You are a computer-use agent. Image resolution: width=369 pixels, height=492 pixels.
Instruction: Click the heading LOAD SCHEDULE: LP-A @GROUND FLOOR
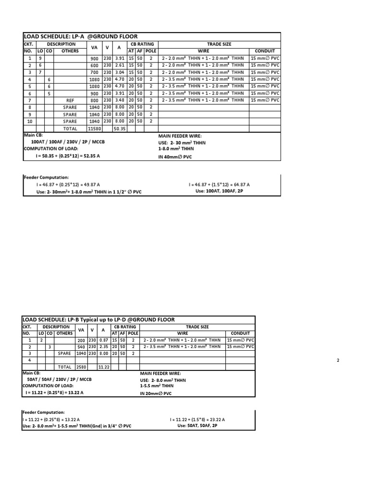point(81,36)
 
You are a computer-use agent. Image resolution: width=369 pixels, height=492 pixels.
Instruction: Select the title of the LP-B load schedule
point(98,320)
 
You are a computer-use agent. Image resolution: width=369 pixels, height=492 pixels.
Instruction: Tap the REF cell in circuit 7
point(70,100)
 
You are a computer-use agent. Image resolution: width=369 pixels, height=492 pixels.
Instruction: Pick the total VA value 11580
point(94,129)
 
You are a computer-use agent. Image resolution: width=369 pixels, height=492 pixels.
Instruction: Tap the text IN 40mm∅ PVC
point(174,157)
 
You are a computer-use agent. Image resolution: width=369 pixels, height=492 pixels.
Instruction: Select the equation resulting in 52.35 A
point(67,157)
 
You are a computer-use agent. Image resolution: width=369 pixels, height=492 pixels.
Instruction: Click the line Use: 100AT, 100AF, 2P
point(219,191)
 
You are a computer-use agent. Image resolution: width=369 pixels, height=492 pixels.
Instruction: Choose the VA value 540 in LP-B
point(81,346)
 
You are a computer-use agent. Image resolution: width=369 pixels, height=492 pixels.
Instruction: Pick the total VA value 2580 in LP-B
point(81,367)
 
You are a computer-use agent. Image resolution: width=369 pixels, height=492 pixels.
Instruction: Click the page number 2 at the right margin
point(338,360)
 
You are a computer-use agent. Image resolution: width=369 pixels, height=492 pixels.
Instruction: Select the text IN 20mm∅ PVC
point(155,393)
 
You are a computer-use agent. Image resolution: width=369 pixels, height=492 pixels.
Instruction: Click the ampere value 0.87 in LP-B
point(103,339)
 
